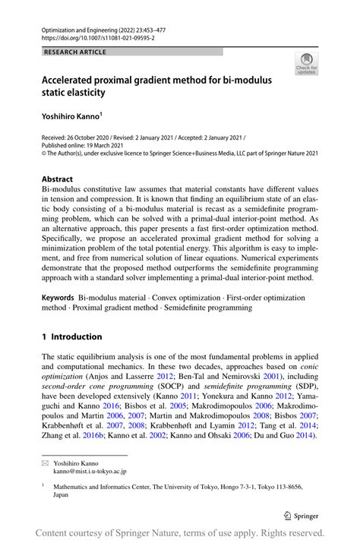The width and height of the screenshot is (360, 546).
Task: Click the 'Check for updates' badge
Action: coord(307,64)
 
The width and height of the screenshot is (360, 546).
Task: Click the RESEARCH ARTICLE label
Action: coord(75,52)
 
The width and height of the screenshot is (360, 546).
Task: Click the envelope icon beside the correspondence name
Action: coord(46,462)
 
